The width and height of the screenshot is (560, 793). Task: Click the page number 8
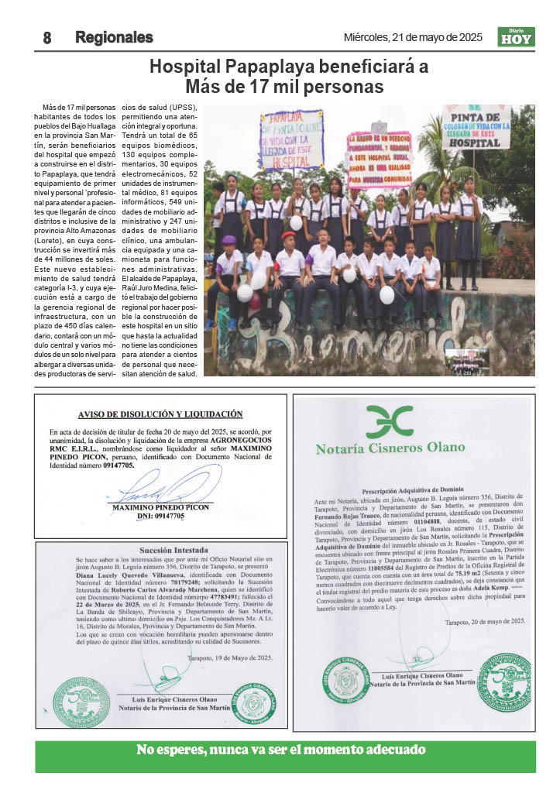[x=46, y=38]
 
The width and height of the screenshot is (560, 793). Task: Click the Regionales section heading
[x=114, y=38]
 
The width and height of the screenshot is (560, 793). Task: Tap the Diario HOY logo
[x=516, y=37]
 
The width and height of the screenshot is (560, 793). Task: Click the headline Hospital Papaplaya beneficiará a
[x=288, y=67]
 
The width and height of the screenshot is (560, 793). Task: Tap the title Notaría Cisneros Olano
[x=390, y=447]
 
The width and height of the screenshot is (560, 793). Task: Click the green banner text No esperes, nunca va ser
[x=281, y=750]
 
